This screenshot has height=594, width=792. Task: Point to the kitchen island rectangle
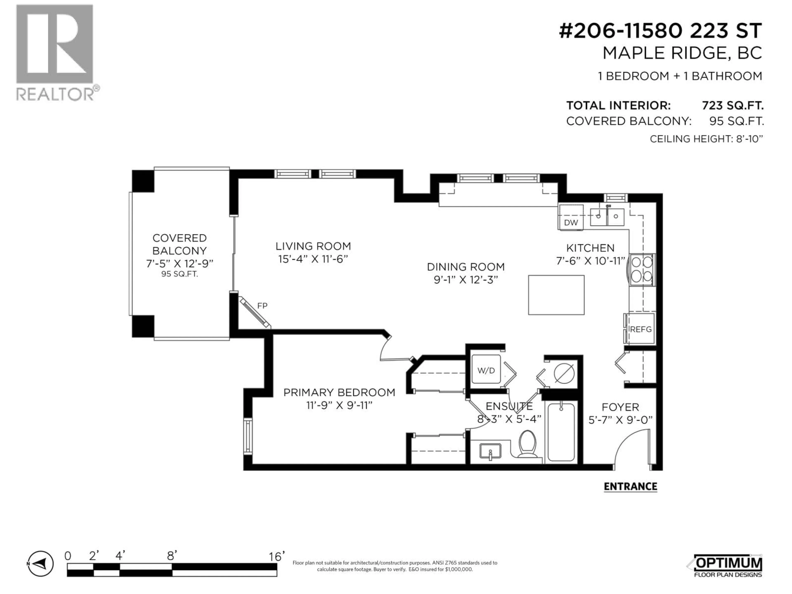pos(556,295)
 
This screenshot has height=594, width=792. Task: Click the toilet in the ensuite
pos(527,444)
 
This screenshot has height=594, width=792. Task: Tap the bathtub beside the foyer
pos(561,432)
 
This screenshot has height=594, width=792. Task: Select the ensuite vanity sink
pos(490,452)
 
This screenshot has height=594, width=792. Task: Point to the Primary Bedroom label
pos(339,392)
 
